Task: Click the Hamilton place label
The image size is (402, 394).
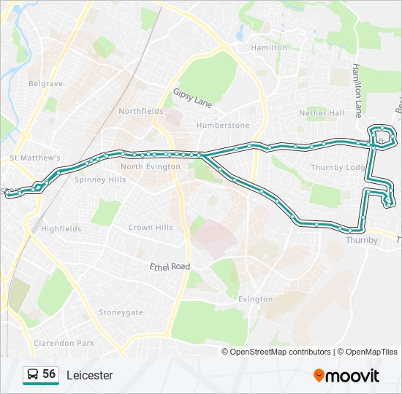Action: (269, 47)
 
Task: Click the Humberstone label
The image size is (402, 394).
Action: (223, 125)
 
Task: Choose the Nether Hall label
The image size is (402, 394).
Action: (322, 113)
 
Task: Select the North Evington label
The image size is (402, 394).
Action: (151, 166)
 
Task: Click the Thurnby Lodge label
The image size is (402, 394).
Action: (338, 168)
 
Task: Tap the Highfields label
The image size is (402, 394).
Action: (61, 228)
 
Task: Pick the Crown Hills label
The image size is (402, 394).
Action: (151, 228)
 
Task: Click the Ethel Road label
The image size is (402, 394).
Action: (170, 267)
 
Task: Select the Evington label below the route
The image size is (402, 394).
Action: (255, 299)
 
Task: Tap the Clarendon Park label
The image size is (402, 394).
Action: (64, 343)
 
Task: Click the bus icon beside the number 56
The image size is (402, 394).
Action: (32, 375)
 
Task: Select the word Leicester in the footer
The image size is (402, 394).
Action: (90, 376)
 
